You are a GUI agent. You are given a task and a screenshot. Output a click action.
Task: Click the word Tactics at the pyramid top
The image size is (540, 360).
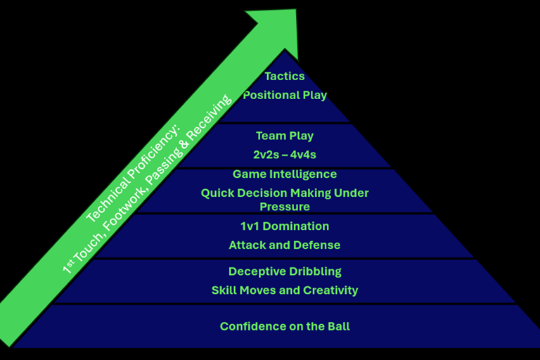click(284, 77)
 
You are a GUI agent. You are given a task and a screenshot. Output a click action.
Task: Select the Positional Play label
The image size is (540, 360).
click(284, 95)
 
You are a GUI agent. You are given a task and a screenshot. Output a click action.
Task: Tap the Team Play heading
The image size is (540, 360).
click(284, 136)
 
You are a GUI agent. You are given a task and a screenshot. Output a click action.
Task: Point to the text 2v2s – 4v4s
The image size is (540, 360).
click(284, 154)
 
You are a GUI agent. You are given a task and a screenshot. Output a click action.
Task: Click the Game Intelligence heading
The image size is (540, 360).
click(284, 174)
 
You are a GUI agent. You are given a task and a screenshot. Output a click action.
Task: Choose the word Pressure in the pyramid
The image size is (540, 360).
click(284, 207)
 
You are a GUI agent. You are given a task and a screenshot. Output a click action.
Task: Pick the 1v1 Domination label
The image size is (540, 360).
click(284, 226)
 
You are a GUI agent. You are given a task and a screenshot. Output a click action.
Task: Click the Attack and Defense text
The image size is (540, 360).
click(284, 245)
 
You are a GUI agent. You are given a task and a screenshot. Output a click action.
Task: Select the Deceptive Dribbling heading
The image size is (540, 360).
click(284, 271)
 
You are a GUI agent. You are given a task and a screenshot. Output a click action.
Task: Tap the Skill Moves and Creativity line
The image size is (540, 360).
click(284, 290)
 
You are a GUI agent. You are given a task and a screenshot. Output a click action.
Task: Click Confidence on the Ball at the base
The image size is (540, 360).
click(284, 326)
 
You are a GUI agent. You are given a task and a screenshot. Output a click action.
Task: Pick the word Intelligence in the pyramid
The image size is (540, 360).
click(302, 174)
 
